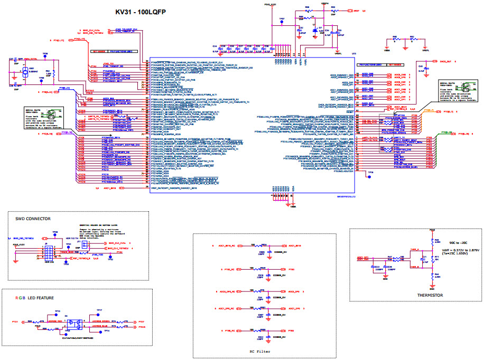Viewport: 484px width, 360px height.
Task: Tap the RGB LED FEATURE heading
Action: tap(35, 298)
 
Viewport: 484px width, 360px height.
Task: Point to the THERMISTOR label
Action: tap(430, 295)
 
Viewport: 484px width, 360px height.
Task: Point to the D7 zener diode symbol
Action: tap(315, 31)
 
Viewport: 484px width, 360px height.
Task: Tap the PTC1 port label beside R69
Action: tap(15, 321)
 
